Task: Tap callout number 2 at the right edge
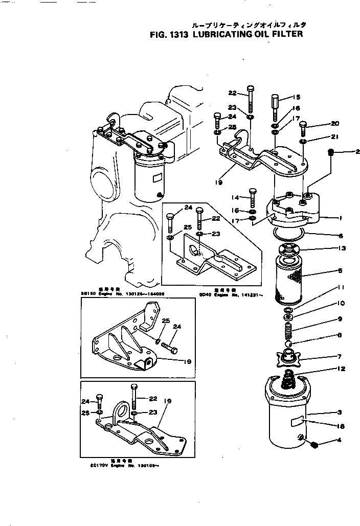357,151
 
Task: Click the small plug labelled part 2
331,152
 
